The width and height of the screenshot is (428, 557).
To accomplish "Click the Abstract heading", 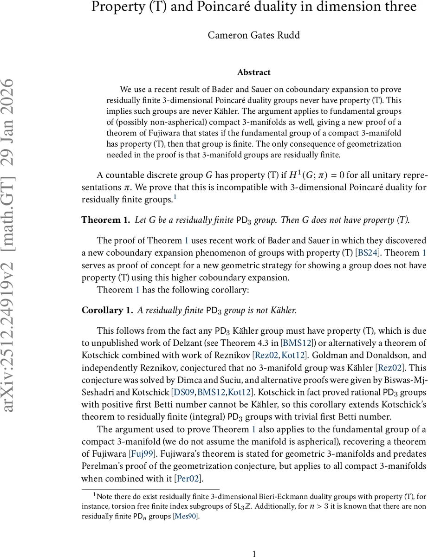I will point(254,72).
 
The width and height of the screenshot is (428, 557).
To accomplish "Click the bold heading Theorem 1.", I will point(105,220).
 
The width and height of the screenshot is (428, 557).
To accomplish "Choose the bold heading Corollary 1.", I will point(107,310).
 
